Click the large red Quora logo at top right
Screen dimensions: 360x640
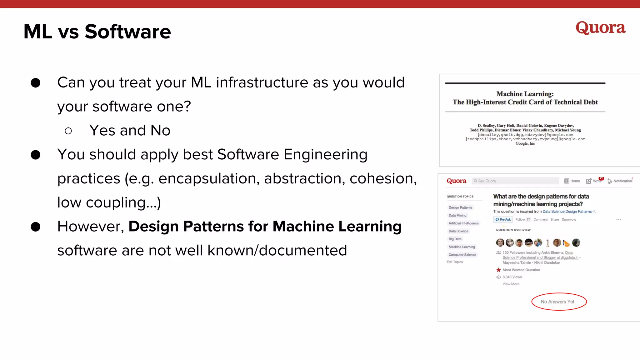[x=600, y=28]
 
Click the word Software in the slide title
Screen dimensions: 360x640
[x=127, y=32]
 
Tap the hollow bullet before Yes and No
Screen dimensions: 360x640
[x=68, y=131]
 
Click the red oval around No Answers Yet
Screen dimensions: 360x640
[x=559, y=302]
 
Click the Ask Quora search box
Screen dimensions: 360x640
[x=515, y=181]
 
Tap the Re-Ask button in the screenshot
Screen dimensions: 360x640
[x=503, y=220]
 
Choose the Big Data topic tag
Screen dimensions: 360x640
[x=455, y=239]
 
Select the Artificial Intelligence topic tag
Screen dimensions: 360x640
[x=463, y=223]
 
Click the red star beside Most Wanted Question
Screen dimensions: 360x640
[x=498, y=270]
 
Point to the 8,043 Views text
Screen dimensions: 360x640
[x=512, y=277]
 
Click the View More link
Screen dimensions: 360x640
[x=511, y=284]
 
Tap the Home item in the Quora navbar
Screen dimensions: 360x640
[x=572, y=181]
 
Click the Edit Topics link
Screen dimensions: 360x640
[x=455, y=262]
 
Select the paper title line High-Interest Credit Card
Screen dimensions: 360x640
[x=525, y=102]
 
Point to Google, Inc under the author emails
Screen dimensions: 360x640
[x=525, y=143]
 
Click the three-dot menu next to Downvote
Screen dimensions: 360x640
[x=618, y=219]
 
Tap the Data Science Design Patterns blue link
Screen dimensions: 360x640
[x=567, y=212]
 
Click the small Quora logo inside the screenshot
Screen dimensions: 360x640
[x=456, y=181]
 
